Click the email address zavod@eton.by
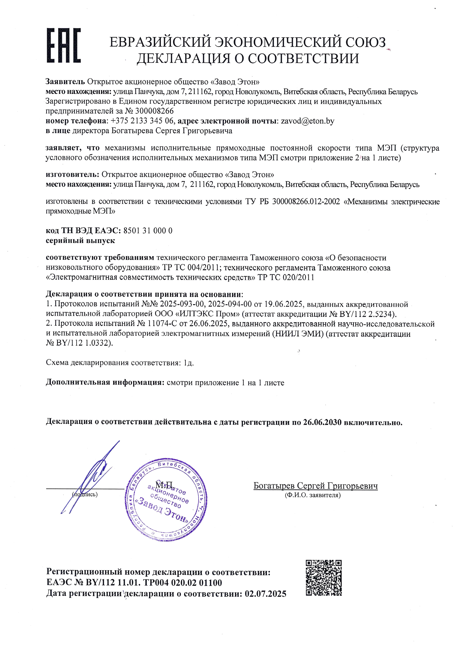[x=307, y=121]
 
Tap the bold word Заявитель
[x=65, y=82]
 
